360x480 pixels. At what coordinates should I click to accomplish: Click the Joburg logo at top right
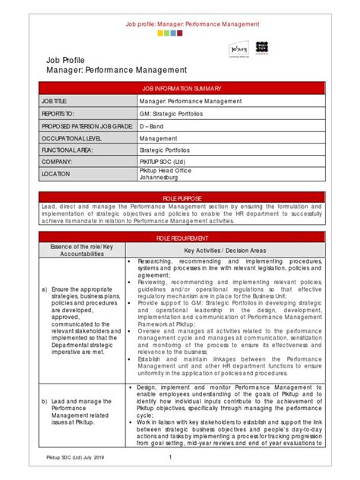pyautogui.click(x=239, y=49)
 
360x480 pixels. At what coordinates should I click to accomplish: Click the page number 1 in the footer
pyautogui.click(x=170, y=457)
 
